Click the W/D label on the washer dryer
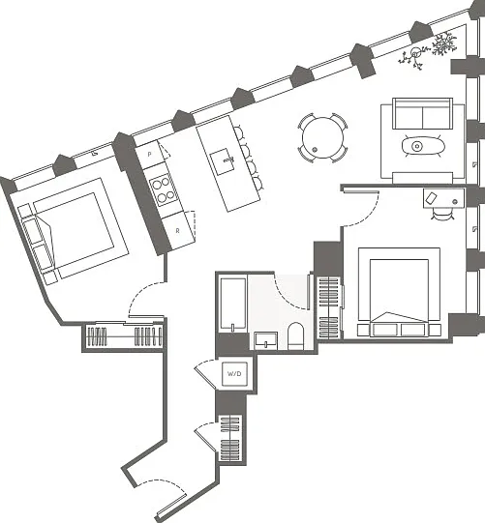[x=234, y=373]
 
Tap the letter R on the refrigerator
[x=178, y=230]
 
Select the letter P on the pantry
[x=150, y=154]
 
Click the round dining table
[x=322, y=137]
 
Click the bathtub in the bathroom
[x=232, y=305]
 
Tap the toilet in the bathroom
[x=295, y=335]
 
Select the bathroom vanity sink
[x=266, y=340]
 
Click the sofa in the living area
[x=422, y=113]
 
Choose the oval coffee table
[x=423, y=146]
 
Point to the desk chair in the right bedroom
[x=442, y=214]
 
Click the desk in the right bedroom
[x=443, y=198]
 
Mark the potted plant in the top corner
[x=430, y=50]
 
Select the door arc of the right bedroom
[x=369, y=216]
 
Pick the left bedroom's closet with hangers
[x=123, y=336]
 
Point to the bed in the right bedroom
[x=399, y=292]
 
